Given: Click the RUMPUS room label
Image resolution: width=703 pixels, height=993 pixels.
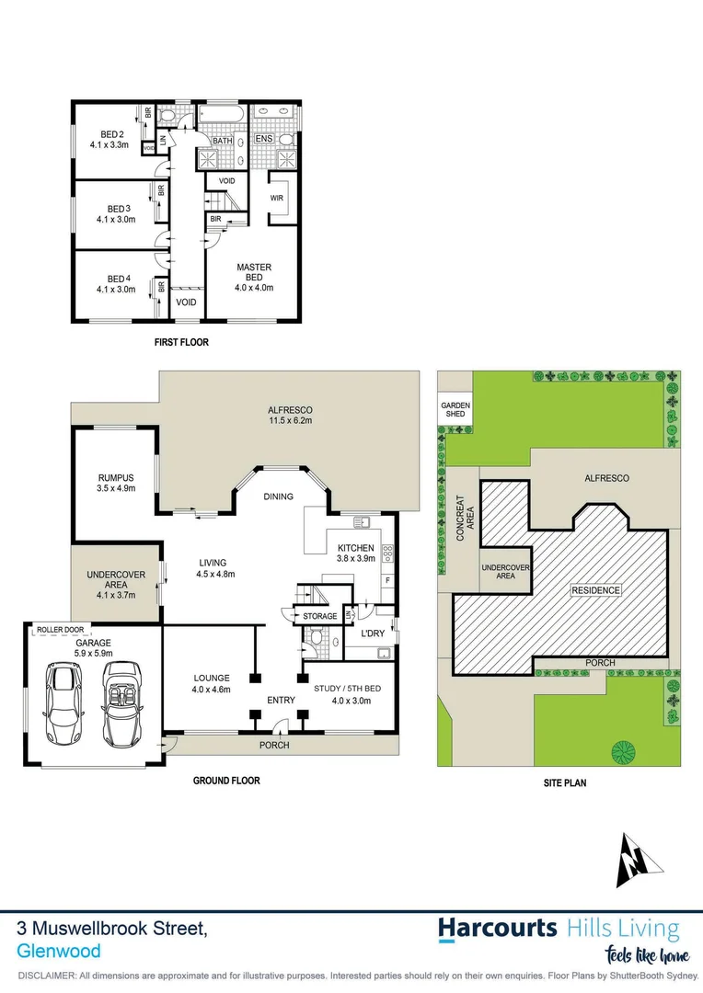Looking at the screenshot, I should [117, 477].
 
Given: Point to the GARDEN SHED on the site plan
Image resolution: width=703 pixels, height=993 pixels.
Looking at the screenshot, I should [455, 410].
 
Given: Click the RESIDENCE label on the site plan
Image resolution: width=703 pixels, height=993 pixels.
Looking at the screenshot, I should [594, 589].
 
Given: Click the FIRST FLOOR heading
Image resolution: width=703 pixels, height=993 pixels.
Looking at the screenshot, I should [181, 342].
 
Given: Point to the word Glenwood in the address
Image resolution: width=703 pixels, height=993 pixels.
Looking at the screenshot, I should [59, 952].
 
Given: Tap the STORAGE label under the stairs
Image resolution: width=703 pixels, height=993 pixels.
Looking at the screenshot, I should [319, 616].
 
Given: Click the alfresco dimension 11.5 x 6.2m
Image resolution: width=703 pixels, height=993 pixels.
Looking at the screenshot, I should [290, 422].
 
